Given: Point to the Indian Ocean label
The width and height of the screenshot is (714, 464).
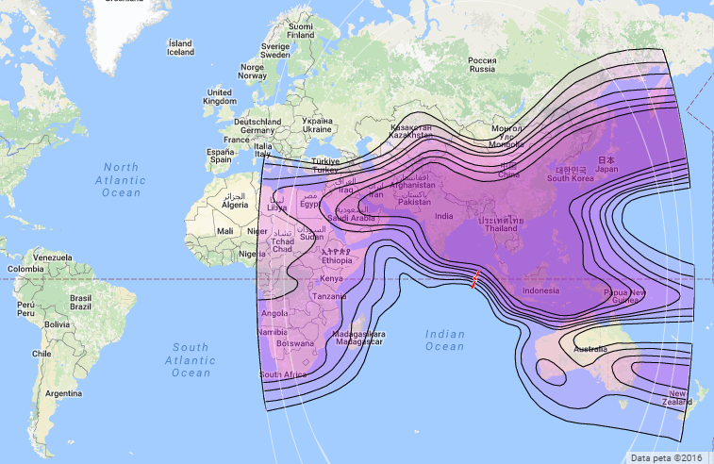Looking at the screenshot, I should coord(445,340).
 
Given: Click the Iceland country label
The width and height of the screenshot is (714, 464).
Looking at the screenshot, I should coord(180,48).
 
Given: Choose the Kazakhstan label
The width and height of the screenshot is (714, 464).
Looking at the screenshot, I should coord(410,131).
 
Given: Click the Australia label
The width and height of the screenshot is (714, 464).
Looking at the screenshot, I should coord(590,350).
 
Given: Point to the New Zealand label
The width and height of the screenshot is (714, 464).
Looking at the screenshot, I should coord(678,397).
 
